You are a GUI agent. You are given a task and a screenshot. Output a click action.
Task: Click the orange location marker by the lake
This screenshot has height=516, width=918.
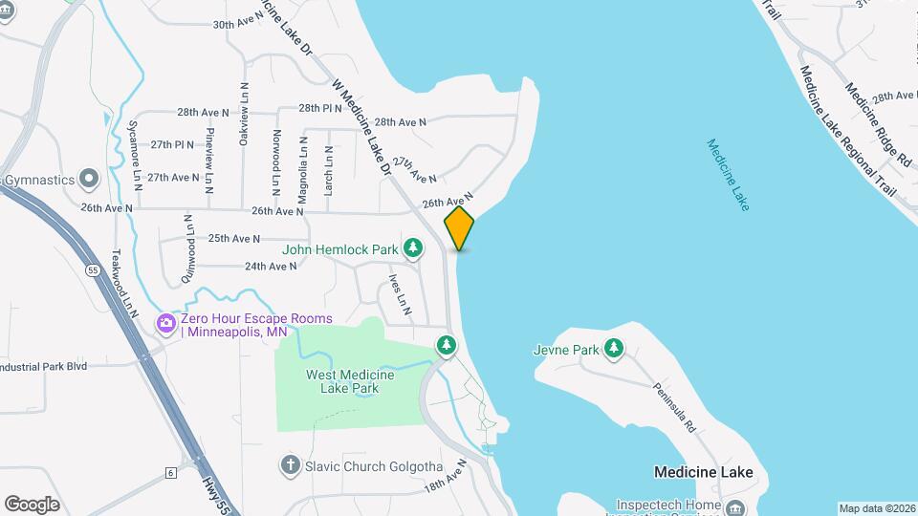[459, 228]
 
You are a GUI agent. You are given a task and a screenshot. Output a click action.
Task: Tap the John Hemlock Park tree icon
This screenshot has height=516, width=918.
[413, 249]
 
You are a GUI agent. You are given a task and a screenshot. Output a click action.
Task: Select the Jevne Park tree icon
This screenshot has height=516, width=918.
[614, 350]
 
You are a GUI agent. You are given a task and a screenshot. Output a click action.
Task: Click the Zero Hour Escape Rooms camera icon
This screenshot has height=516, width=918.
[166, 325]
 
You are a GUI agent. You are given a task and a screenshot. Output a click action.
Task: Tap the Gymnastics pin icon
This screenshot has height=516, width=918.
[89, 179]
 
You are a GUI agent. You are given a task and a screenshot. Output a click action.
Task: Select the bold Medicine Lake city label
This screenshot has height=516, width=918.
[703, 472]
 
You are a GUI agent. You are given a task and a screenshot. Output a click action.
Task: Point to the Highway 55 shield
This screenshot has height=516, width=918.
[91, 271]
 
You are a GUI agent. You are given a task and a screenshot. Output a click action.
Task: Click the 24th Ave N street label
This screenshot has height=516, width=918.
[271, 267]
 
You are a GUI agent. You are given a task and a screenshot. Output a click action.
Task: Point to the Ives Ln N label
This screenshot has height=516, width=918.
[400, 295]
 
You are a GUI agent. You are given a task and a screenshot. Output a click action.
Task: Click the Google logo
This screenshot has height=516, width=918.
[32, 504]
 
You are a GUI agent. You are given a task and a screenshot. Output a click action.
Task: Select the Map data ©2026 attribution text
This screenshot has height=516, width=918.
[876, 508]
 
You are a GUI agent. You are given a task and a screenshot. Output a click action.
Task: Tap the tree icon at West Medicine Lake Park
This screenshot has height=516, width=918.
[446, 344]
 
